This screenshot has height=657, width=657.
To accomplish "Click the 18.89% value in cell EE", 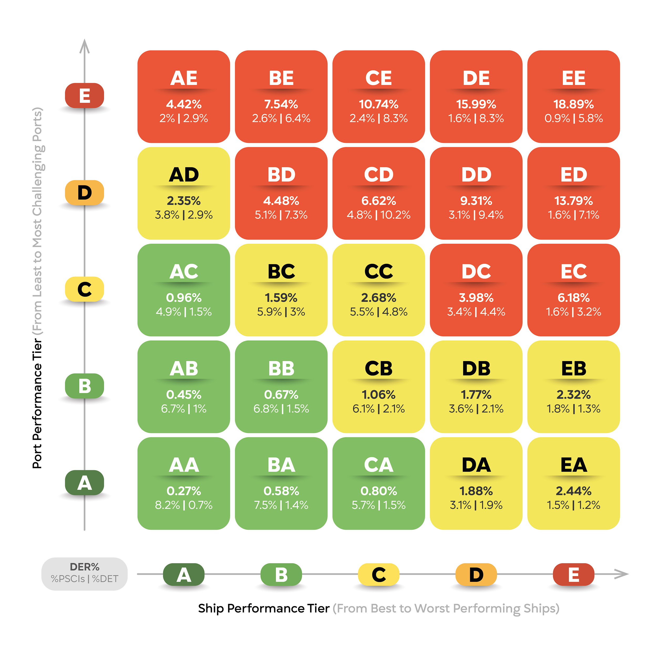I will coord(573,104).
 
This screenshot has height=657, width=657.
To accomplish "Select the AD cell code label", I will coord(184,175).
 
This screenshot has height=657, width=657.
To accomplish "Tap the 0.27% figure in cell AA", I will coord(184,491).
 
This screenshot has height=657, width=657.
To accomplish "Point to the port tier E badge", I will coord(84,96).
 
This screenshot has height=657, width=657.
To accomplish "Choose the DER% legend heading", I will coord(84,567).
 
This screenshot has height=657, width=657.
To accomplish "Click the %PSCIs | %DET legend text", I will coord(84,579).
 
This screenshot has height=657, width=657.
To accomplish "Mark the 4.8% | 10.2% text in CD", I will coord(378,215).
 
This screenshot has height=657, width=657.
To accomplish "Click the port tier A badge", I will coord(84,483).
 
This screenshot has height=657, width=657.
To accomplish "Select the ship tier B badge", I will coord(281,575).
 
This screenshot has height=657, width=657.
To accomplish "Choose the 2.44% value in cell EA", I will coord(573,491).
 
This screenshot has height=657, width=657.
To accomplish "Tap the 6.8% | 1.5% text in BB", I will coord(281,409).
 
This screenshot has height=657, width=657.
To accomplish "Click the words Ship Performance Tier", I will coord(264,608).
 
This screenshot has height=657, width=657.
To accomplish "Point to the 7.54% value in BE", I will coord(281,104).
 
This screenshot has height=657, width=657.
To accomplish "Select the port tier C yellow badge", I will coord(84,289).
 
